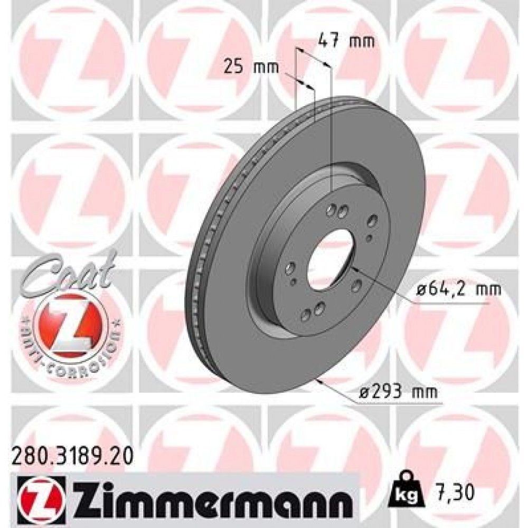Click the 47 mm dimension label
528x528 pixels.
[x=346, y=41]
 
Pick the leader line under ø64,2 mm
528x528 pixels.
[x=449, y=304]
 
